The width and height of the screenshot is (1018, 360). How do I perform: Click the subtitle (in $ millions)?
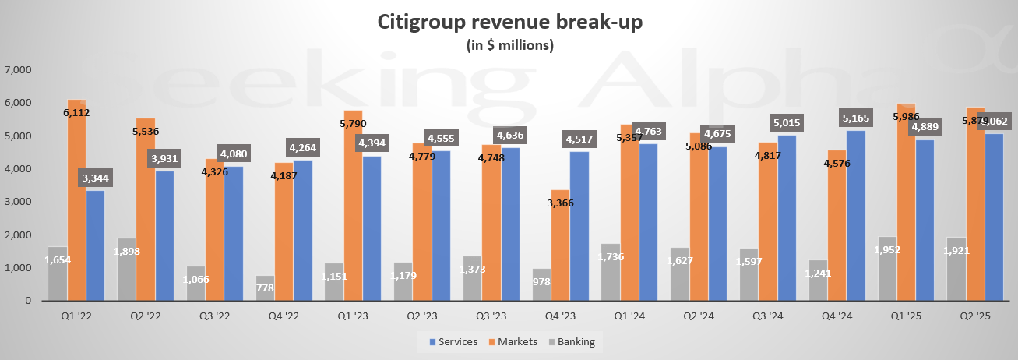click(x=509, y=45)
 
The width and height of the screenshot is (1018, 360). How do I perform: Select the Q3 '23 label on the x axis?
click(x=492, y=317)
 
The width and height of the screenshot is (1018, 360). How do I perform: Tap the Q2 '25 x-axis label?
click(x=975, y=317)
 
